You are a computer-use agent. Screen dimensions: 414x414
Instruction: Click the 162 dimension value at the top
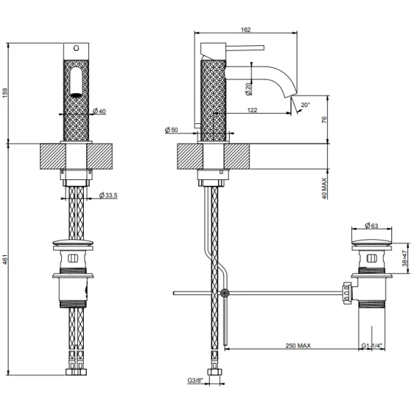point(246,30)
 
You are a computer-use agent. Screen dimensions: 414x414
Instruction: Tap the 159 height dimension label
point(6,93)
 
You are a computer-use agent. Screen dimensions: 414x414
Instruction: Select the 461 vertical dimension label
point(6,259)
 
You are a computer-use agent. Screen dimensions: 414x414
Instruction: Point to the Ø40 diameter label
point(100,112)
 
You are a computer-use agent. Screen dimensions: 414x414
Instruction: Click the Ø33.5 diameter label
point(109,195)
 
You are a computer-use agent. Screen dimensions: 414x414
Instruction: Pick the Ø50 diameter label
point(171,130)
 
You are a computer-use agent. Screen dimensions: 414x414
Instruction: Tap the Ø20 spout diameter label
point(248,89)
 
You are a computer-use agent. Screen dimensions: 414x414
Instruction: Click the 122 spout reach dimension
point(252,110)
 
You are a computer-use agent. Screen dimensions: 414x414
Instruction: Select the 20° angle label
point(305,105)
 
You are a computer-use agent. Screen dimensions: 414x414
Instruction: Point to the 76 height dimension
point(324,120)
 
